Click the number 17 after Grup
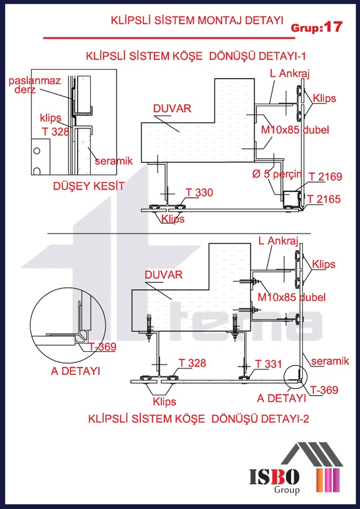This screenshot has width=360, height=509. point(333,27)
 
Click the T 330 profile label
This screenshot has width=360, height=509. point(199,192)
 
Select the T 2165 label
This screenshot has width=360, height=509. point(324,199)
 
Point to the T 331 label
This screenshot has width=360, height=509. point(268,364)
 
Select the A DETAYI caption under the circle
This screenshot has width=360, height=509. point(75,371)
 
